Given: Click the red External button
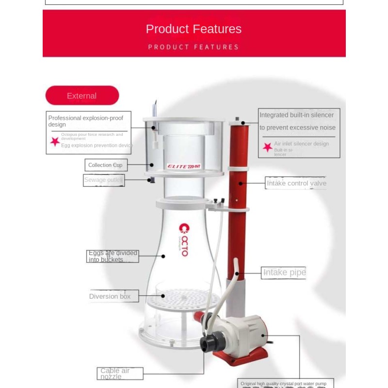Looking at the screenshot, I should (82, 96).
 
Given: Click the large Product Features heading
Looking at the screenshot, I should (194, 29).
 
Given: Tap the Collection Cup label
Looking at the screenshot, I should (105, 165).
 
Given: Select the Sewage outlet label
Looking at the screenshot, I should (103, 180).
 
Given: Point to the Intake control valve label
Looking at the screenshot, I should (296, 183).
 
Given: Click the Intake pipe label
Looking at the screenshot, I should (284, 273).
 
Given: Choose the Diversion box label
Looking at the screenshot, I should (110, 296).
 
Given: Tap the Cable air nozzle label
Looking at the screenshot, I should (115, 373).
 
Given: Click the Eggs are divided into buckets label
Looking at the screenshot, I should (113, 256).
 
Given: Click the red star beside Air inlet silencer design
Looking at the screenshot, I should (267, 147).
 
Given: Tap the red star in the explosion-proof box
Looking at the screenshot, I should (55, 141).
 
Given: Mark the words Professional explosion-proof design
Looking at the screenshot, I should (85, 121).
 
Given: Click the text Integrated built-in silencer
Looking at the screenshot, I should (297, 115).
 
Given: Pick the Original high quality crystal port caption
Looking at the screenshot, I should (284, 384).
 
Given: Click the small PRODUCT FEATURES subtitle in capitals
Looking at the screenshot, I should (194, 47).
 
